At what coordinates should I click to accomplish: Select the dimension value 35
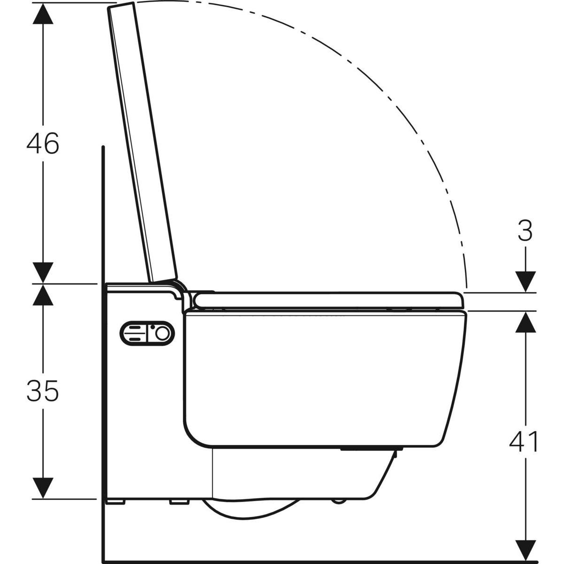coord(43,391)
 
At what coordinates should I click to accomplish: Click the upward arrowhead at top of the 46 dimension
coord(43,11)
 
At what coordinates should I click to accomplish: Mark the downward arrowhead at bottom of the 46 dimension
coord(43,273)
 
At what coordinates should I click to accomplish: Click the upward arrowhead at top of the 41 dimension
coord(525,321)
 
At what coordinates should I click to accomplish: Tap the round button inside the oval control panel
coord(163,333)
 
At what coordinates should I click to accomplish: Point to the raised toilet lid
coord(142,141)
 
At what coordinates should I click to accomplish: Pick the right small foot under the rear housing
coord(178,502)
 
